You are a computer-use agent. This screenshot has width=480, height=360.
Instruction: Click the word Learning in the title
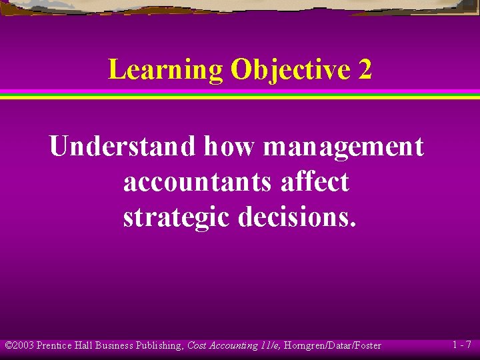(x=165, y=69)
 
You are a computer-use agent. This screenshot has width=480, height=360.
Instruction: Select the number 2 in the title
(x=365, y=69)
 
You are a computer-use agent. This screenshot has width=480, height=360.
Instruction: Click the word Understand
(x=123, y=146)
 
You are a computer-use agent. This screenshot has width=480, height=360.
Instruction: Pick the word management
(x=343, y=147)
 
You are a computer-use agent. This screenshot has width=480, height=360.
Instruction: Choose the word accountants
(x=197, y=181)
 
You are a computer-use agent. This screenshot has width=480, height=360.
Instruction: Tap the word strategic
(x=177, y=217)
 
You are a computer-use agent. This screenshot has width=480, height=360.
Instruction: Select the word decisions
(x=297, y=217)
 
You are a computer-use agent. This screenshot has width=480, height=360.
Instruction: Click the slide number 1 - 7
(x=461, y=345)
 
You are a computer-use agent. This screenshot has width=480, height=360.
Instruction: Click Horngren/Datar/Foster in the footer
(x=333, y=346)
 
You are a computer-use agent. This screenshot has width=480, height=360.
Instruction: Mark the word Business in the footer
(x=114, y=345)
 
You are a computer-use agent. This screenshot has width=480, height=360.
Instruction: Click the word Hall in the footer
(x=85, y=345)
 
